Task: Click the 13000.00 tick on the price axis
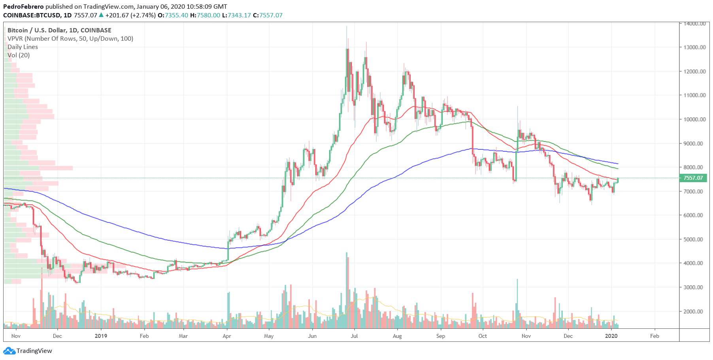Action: (x=694, y=47)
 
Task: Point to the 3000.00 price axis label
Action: (x=694, y=287)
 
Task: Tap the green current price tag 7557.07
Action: (x=693, y=178)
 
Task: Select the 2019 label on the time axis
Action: (x=101, y=336)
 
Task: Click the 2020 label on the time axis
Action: (x=611, y=336)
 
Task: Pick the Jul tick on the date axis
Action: (x=354, y=336)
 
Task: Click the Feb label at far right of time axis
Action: (x=655, y=336)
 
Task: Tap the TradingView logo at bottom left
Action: (x=28, y=351)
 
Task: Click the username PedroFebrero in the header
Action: (x=23, y=6)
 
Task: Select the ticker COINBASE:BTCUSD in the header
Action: (x=32, y=15)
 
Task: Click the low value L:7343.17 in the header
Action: (x=236, y=15)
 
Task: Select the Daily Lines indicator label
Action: (x=23, y=47)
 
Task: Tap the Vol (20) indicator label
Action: (x=19, y=55)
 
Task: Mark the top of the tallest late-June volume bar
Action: (x=347, y=253)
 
